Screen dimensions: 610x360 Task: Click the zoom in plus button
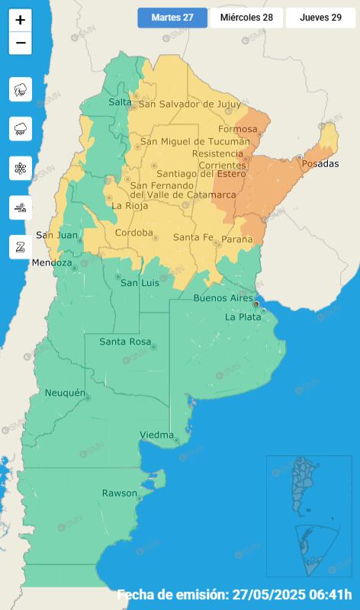pos(21,21)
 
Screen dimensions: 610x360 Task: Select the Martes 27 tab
pos(172,18)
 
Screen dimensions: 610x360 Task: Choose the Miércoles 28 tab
pos(246,18)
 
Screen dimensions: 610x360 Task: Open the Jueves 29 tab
pos(320,18)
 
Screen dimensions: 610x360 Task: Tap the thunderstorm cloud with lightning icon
pos(21,89)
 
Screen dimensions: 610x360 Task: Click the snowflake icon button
pos(21,168)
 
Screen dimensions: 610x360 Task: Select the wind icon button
pos(21,207)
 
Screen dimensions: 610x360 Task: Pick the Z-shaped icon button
pos(21,246)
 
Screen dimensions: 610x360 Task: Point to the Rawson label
pos(120,493)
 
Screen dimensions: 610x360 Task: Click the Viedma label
pos(156,435)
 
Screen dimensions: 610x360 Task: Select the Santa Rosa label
pos(125,342)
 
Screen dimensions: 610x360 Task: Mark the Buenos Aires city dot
pos(255,303)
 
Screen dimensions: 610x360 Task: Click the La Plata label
pos(243,316)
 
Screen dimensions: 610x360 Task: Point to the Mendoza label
pos(52,263)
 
